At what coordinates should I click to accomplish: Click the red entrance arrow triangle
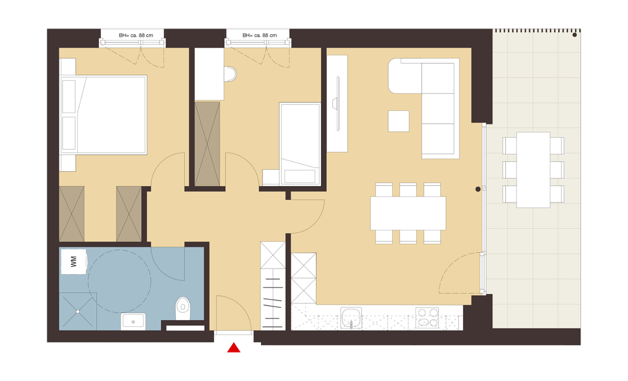click(234, 348)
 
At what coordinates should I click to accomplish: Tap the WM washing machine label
click(73, 261)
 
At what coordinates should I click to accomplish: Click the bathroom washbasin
click(133, 321)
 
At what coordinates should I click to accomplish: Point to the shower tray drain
click(78, 312)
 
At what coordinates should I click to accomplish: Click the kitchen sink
click(351, 318)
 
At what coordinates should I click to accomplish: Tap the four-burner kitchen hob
click(427, 317)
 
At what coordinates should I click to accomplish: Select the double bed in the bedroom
click(104, 115)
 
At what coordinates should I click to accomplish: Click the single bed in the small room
click(300, 144)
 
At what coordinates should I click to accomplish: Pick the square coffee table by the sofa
click(399, 121)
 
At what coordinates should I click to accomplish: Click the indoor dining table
click(408, 213)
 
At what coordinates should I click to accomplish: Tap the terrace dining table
click(533, 170)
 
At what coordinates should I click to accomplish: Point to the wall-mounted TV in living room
click(337, 103)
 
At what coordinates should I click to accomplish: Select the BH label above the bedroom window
click(136, 35)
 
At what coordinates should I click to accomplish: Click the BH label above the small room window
click(260, 35)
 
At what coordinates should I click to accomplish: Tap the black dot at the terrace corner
click(574, 35)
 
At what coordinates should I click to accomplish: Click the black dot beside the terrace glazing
click(478, 189)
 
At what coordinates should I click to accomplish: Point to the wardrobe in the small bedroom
click(207, 144)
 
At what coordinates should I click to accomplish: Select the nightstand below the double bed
click(68, 163)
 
